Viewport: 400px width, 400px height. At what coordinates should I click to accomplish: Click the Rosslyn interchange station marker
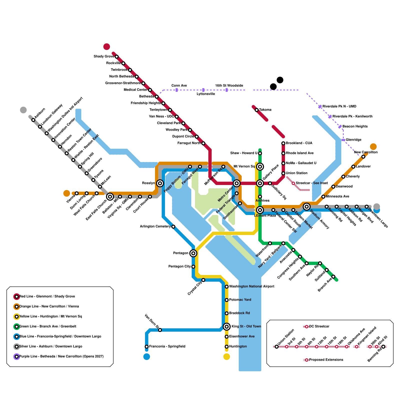pyautogui.click(x=160, y=183)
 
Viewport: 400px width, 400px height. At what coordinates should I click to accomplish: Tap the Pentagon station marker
pyautogui.click(x=193, y=253)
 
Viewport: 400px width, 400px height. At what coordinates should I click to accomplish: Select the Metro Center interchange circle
pyautogui.click(x=236, y=183)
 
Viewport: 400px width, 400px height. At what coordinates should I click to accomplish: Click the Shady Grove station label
pyautogui.click(x=104, y=56)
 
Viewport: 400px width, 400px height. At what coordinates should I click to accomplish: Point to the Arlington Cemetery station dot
pyautogui.click(x=173, y=226)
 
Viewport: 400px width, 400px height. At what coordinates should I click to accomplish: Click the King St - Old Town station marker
pyautogui.click(x=226, y=326)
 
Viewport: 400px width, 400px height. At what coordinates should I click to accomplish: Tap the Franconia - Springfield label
pyautogui.click(x=167, y=346)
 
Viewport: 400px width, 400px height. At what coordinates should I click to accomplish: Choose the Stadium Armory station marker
pyautogui.click(x=306, y=206)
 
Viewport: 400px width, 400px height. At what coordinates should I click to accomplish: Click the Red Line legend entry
pyautogui.click(x=47, y=296)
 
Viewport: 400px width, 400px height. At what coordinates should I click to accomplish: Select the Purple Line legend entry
pyautogui.click(x=61, y=356)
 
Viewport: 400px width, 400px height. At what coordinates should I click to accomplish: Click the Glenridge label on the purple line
pyautogui.click(x=353, y=140)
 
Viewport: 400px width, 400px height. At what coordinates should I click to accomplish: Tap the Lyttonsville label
pyautogui.click(x=205, y=94)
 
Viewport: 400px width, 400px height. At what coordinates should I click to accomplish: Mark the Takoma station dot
pyautogui.click(x=256, y=110)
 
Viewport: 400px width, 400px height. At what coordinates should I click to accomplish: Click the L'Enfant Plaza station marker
pyautogui.click(x=260, y=210)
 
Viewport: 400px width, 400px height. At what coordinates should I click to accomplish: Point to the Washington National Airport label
pyautogui.click(x=251, y=286)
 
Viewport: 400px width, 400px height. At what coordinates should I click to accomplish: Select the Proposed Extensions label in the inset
pyautogui.click(x=326, y=360)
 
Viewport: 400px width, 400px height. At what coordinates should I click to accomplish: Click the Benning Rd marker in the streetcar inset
pyautogui.click(x=383, y=346)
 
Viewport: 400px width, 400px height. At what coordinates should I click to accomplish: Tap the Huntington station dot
pyautogui.click(x=226, y=346)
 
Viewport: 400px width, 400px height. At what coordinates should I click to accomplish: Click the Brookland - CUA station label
pyautogui.click(x=299, y=143)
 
